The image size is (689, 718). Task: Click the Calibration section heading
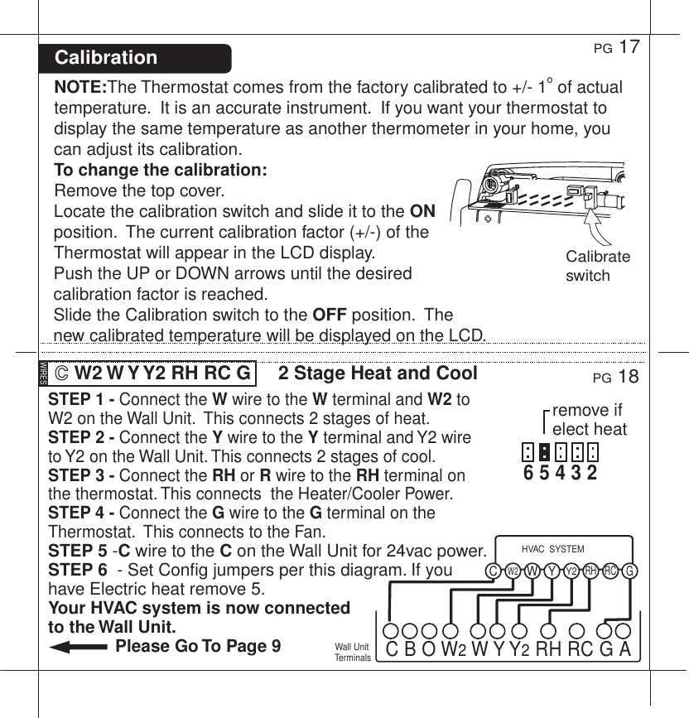[106, 58]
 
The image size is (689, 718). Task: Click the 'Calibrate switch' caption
[597, 266]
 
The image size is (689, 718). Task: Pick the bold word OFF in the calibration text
[329, 315]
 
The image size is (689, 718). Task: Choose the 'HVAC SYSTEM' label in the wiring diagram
[553, 549]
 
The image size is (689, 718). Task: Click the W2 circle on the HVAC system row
[512, 571]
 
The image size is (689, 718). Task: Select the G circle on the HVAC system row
[630, 571]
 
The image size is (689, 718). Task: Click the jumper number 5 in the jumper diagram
[543, 474]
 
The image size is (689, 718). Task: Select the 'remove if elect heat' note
[589, 420]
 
